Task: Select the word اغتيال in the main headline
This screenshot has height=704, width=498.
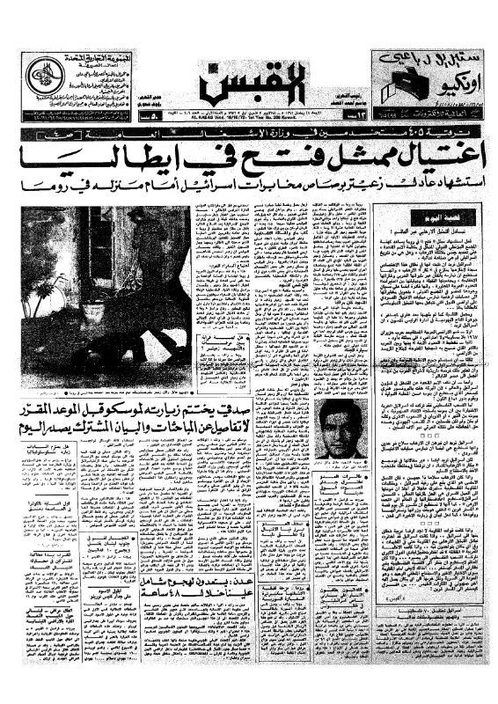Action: [427, 162]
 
